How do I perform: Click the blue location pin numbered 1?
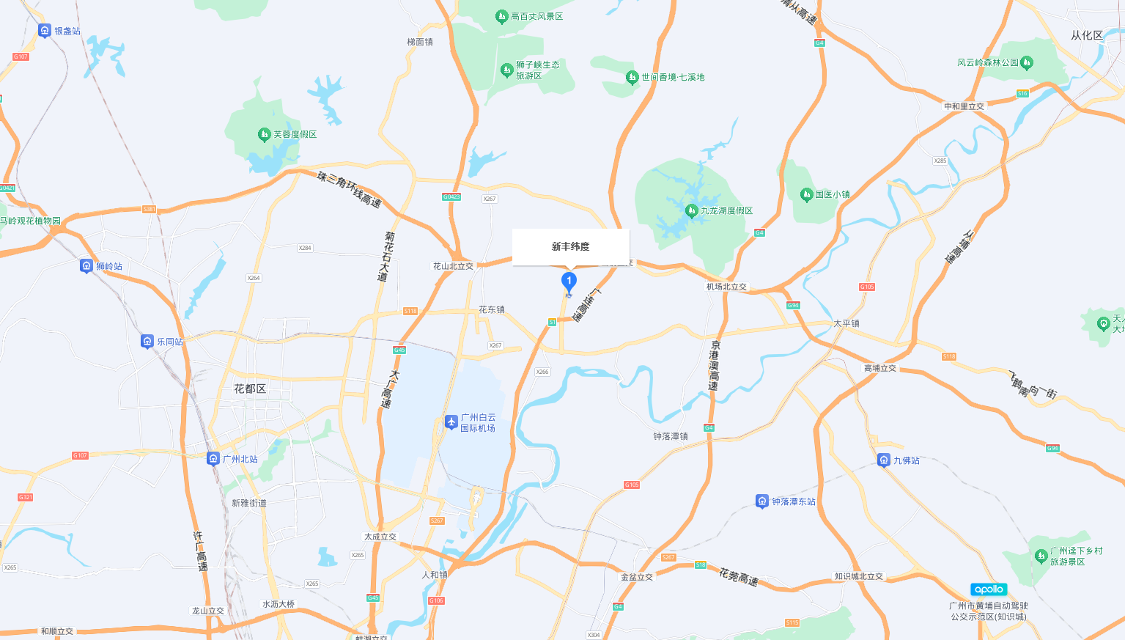click(569, 281)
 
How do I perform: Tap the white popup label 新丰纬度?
click(570, 247)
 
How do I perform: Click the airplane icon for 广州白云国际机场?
click(451, 422)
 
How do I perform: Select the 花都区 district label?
click(250, 389)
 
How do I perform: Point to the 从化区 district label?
click(1086, 35)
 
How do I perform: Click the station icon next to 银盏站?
click(45, 30)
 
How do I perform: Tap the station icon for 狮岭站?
click(86, 265)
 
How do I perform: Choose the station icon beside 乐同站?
click(147, 341)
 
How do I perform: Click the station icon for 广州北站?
click(213, 458)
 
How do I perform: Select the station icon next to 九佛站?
click(884, 460)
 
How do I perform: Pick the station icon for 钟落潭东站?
click(762, 501)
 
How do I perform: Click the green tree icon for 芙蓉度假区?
click(265, 134)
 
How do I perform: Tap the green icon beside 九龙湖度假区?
click(691, 210)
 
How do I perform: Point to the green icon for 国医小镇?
click(806, 194)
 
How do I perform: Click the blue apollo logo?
click(989, 589)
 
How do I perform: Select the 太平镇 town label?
click(846, 323)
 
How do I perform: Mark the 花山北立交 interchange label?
click(453, 266)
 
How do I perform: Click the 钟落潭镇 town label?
click(671, 436)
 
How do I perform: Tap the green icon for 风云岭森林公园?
click(1027, 62)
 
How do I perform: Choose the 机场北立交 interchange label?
click(726, 287)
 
